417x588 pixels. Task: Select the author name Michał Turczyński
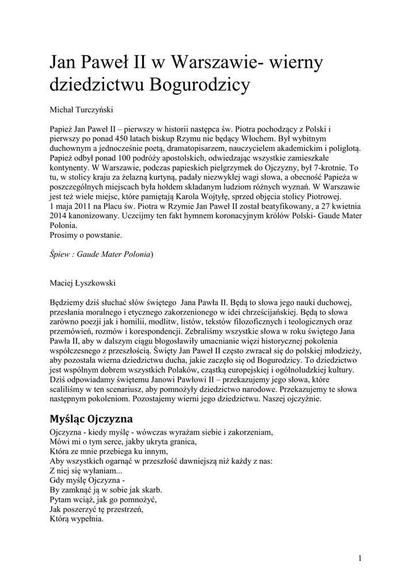click(x=81, y=108)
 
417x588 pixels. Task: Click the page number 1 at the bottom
click(x=359, y=558)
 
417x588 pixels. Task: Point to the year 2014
click(x=62, y=215)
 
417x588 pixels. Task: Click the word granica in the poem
click(x=179, y=442)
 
